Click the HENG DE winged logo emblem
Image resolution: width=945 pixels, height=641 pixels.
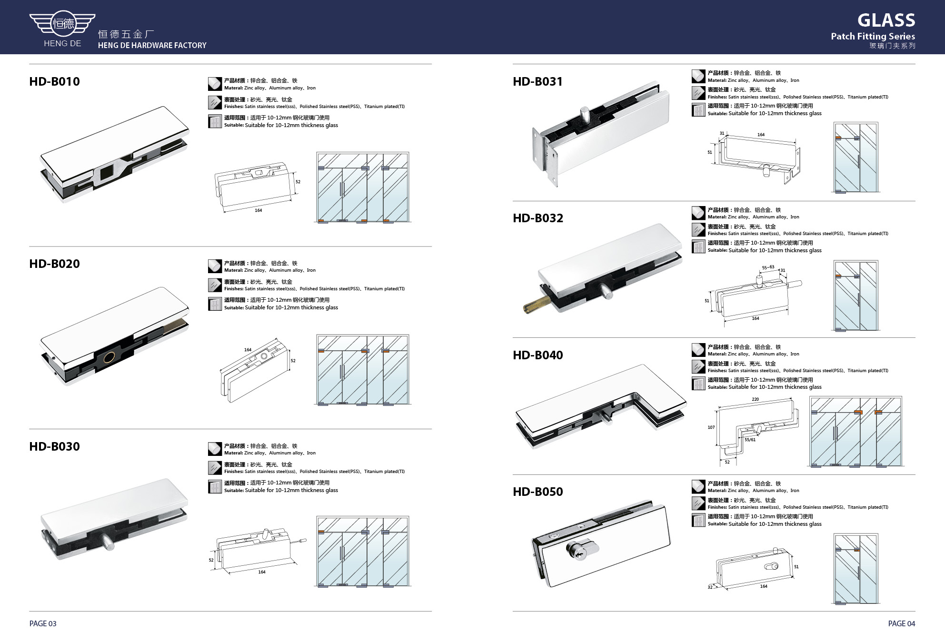(62, 23)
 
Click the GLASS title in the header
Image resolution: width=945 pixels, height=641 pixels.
(886, 20)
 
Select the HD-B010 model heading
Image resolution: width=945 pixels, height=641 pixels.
(55, 81)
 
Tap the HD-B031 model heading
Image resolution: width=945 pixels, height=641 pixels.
(537, 81)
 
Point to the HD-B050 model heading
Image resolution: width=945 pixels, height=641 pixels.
(537, 492)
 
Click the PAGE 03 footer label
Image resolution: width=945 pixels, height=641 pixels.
(43, 623)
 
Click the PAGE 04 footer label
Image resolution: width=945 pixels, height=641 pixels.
(902, 623)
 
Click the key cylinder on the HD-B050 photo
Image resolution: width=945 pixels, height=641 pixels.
(579, 550)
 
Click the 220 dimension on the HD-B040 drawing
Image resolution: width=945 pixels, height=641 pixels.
(755, 399)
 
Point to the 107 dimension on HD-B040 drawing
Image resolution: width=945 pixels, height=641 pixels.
(711, 427)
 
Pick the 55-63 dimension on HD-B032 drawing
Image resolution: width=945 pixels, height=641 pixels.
(768, 267)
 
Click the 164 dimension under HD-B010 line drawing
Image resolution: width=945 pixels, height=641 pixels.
(258, 210)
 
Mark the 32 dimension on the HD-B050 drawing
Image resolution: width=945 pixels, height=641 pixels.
(710, 587)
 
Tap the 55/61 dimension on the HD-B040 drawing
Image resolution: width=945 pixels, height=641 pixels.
(750, 440)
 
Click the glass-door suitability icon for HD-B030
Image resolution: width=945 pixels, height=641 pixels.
(215, 486)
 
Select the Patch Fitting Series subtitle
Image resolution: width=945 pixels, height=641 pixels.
(873, 36)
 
